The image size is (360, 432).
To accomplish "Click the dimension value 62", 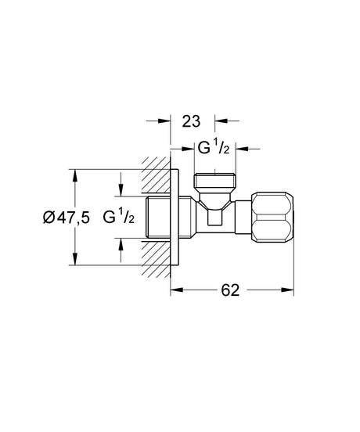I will tap(229, 290).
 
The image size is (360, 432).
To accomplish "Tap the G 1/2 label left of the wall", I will tap(120, 218).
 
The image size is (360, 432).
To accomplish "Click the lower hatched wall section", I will tap(157, 257).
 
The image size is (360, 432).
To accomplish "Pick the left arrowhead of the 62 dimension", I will tap(177, 290).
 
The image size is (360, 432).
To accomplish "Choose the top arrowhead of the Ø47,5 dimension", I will tap(76, 175).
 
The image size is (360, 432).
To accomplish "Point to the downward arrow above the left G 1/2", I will tap(121, 193).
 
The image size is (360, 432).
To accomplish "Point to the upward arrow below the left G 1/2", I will tap(121, 243).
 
